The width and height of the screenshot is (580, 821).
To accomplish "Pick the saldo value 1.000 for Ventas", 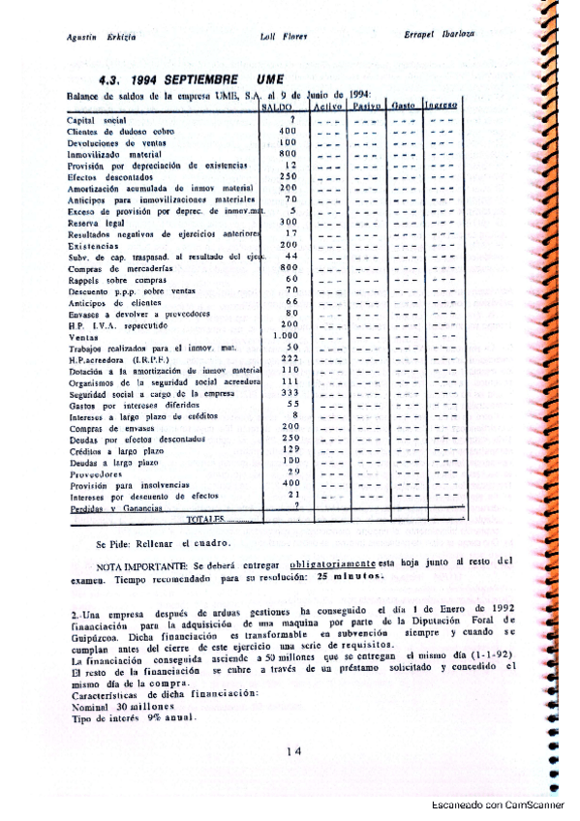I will coord(284,335).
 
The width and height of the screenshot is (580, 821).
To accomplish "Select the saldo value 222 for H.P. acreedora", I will coord(287,358).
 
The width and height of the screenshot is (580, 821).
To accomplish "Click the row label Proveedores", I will coord(95,474).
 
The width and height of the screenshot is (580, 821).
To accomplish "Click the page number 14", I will coord(296,750).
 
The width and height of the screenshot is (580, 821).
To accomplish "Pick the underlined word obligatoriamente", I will coord(332,563).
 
